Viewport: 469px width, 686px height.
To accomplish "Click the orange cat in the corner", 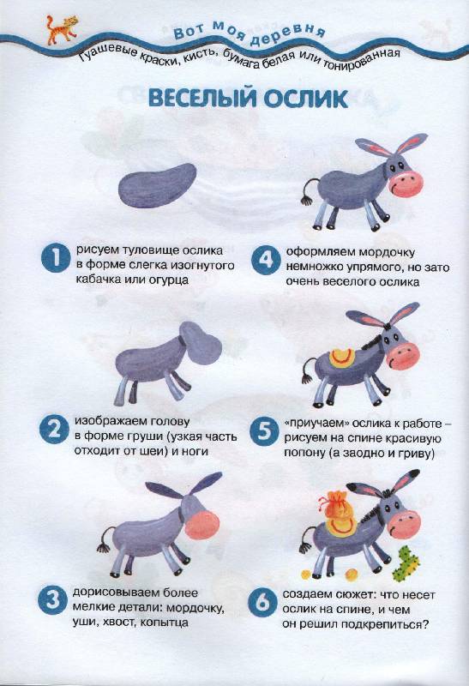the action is (x=62, y=29).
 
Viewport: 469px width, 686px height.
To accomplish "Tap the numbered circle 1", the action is (x=56, y=259).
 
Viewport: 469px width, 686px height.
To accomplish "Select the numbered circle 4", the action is (x=266, y=261).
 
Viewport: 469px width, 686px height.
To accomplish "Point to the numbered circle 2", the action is (x=54, y=430).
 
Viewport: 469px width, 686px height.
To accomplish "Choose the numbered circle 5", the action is (x=264, y=431).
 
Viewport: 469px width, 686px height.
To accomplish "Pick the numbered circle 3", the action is (x=52, y=600).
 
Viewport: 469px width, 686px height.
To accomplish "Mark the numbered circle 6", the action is (x=262, y=602).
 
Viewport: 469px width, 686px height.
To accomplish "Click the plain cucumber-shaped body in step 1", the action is (x=157, y=185).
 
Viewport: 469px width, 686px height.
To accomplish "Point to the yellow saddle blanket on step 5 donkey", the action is (x=342, y=358).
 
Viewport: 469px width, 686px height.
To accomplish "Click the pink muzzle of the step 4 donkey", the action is (x=406, y=184).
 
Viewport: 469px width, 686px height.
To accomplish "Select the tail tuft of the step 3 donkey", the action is (x=104, y=547).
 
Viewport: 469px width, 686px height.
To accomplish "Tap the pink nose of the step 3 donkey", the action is (x=202, y=525).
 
